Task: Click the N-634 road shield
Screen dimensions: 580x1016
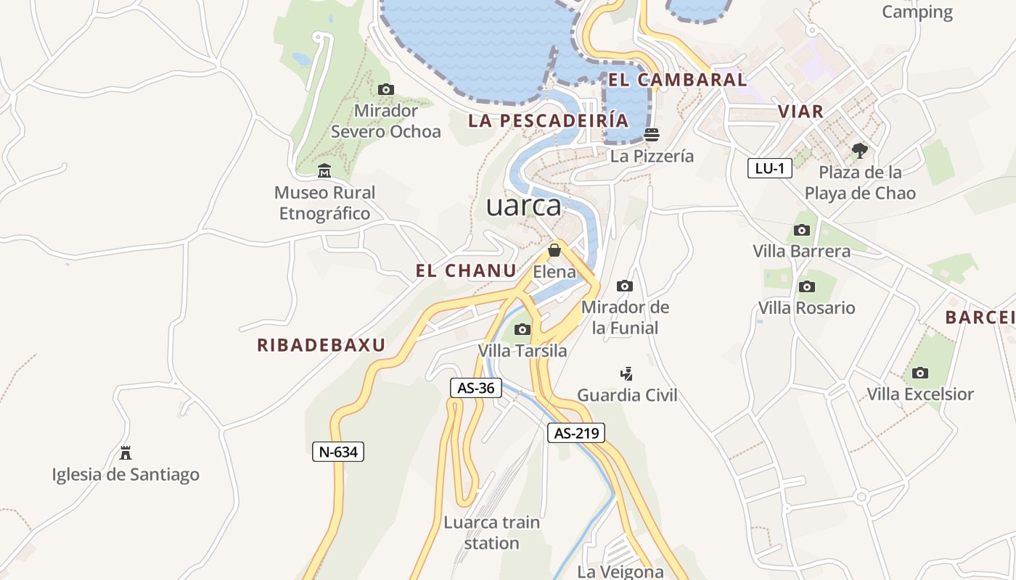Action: click(x=337, y=452)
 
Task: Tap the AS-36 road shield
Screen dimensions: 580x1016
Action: click(x=476, y=388)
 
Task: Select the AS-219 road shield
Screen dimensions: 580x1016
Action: click(x=575, y=434)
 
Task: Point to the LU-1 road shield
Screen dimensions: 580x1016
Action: click(x=769, y=169)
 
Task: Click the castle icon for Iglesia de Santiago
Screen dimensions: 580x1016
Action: click(x=126, y=453)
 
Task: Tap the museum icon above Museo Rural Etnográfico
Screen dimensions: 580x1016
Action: click(x=324, y=171)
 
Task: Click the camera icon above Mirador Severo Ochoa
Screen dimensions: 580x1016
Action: click(x=386, y=89)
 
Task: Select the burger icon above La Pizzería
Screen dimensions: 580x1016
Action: click(x=652, y=134)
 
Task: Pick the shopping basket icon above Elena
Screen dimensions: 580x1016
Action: click(x=554, y=250)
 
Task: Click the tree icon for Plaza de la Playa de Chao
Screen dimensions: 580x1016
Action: click(x=860, y=151)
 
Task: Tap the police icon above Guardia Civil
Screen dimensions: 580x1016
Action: click(x=626, y=373)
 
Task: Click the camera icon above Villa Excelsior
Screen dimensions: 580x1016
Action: click(x=920, y=373)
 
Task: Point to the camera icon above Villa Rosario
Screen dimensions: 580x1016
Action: click(x=806, y=286)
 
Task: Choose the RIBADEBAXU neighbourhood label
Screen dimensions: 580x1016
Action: click(x=321, y=345)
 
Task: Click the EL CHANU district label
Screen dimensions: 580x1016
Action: click(x=466, y=271)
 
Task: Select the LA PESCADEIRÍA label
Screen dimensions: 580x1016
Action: click(x=548, y=120)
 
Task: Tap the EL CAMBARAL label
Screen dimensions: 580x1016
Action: click(x=678, y=80)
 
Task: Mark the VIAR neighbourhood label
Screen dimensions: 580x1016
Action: click(x=800, y=111)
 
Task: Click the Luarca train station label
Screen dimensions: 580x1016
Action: click(x=491, y=532)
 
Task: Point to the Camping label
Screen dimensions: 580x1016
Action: click(x=917, y=12)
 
